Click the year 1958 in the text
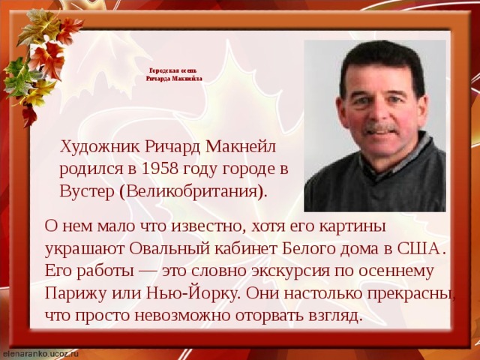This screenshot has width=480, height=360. click(160, 169)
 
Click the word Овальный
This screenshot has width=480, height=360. click(169, 249)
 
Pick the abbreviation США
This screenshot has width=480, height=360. click(418, 248)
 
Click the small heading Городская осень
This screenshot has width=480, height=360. click(173, 71)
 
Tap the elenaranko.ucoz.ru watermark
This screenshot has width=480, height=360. click(39, 353)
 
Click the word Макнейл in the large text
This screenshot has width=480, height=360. click(241, 147)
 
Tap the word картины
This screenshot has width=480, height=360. click(352, 226)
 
